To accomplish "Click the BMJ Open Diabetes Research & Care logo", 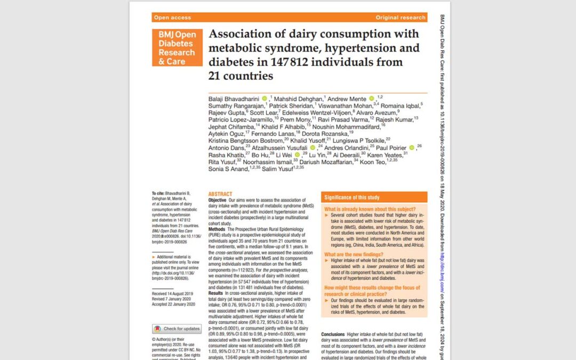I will [x=177, y=48].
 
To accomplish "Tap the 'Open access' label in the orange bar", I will [x=172, y=18].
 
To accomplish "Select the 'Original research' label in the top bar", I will [x=401, y=18].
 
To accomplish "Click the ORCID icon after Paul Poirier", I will [x=412, y=147].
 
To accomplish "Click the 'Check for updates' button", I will [x=177, y=329].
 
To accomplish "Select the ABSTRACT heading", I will [x=220, y=194].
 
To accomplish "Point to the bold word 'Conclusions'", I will [x=333, y=334].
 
